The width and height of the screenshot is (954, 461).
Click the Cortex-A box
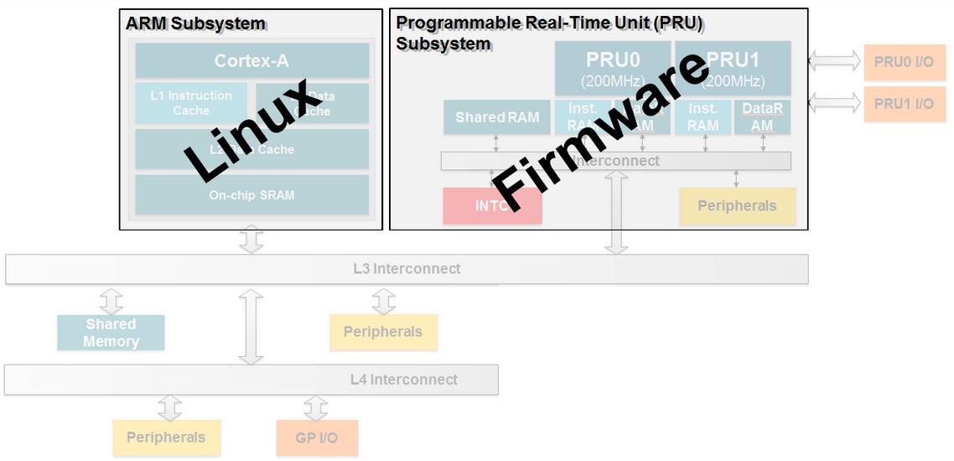tap(251, 60)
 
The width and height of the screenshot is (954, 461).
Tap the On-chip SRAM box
tap(251, 194)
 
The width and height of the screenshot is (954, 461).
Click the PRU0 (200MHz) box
tap(612, 69)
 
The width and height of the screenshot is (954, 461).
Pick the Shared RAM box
tap(496, 117)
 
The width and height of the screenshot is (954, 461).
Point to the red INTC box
tap(469, 206)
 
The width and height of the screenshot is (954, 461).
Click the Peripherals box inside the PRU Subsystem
tap(737, 206)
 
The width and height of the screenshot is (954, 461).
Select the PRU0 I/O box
tap(904, 62)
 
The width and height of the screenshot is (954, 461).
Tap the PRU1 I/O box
tap(904, 104)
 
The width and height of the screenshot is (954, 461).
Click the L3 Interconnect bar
tap(407, 269)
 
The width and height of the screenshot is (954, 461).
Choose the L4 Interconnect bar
tap(251, 380)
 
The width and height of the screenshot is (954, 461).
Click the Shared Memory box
tap(111, 333)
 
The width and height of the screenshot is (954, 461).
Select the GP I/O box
tap(317, 438)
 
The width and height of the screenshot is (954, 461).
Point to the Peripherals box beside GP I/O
tap(166, 438)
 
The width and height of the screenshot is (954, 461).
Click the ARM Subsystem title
tap(195, 23)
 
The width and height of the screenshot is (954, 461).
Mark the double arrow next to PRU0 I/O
tap(834, 60)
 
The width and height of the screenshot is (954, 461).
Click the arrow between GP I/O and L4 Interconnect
tap(315, 408)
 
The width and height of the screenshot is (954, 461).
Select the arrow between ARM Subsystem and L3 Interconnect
tap(251, 240)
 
